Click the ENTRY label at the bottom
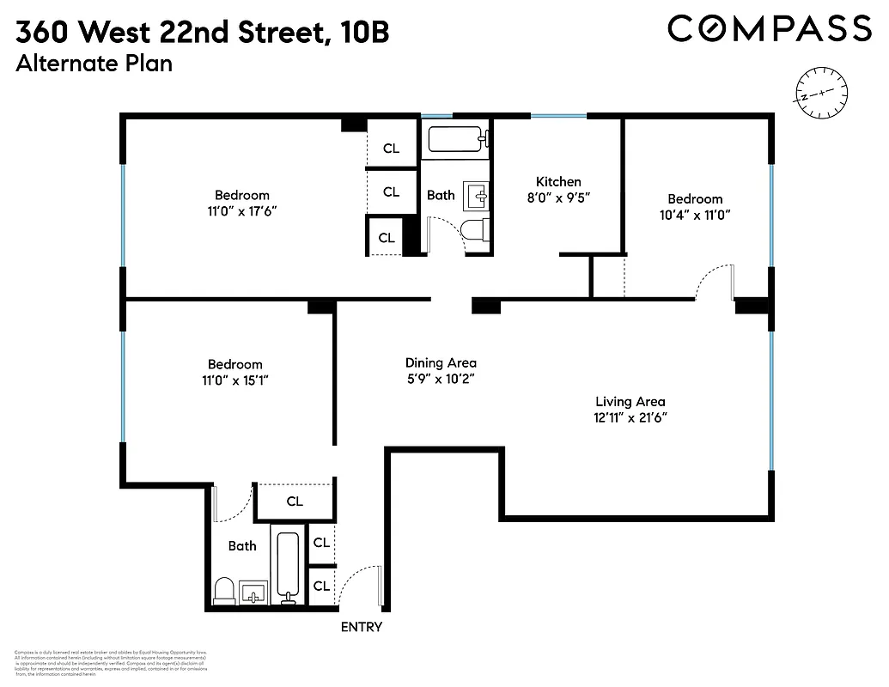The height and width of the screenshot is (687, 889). pos(361,627)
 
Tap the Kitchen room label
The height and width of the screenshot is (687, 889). pos(558,181)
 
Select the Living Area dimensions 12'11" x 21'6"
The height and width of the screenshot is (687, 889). pos(630,417)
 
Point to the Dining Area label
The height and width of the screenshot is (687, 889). pos(441,362)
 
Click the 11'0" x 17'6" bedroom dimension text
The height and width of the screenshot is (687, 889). pos(241,211)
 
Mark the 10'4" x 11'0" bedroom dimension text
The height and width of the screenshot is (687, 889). pos(695,215)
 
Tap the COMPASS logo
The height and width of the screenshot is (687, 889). pos(770,29)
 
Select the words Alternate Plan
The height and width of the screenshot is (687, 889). pos(94,64)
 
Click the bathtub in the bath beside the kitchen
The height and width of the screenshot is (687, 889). pos(455,139)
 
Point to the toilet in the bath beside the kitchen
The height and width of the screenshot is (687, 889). pos(474,230)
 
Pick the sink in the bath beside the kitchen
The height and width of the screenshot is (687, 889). pos(476,197)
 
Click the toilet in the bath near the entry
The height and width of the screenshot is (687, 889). pos(223,590)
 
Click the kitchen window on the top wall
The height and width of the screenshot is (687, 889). pos(558,116)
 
